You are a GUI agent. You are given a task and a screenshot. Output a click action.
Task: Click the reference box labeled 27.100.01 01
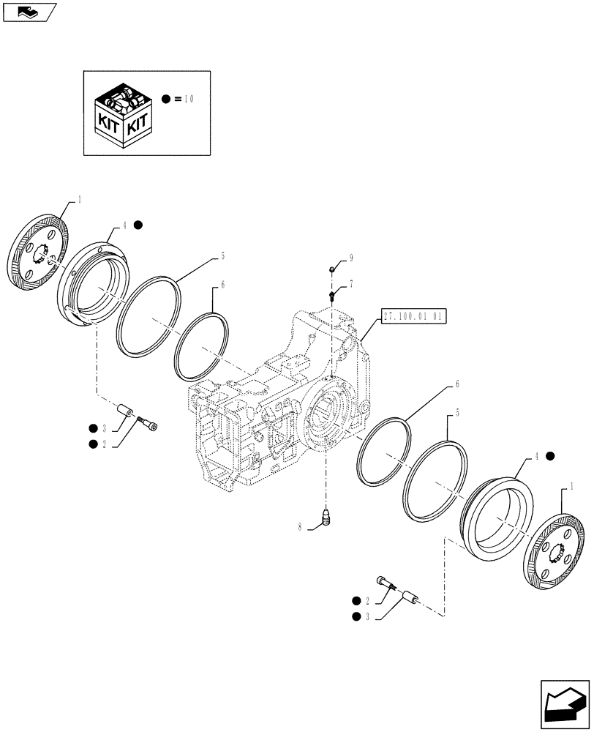413,316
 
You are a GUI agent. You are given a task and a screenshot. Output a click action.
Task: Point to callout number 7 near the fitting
350,283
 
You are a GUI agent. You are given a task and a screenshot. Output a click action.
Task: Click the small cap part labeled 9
332,270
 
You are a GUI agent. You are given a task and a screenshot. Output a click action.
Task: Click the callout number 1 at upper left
80,199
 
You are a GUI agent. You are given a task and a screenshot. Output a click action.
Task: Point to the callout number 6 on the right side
458,384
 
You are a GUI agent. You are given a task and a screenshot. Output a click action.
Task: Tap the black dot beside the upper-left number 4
138,226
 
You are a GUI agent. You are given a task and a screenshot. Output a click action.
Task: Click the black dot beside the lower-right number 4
550,456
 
